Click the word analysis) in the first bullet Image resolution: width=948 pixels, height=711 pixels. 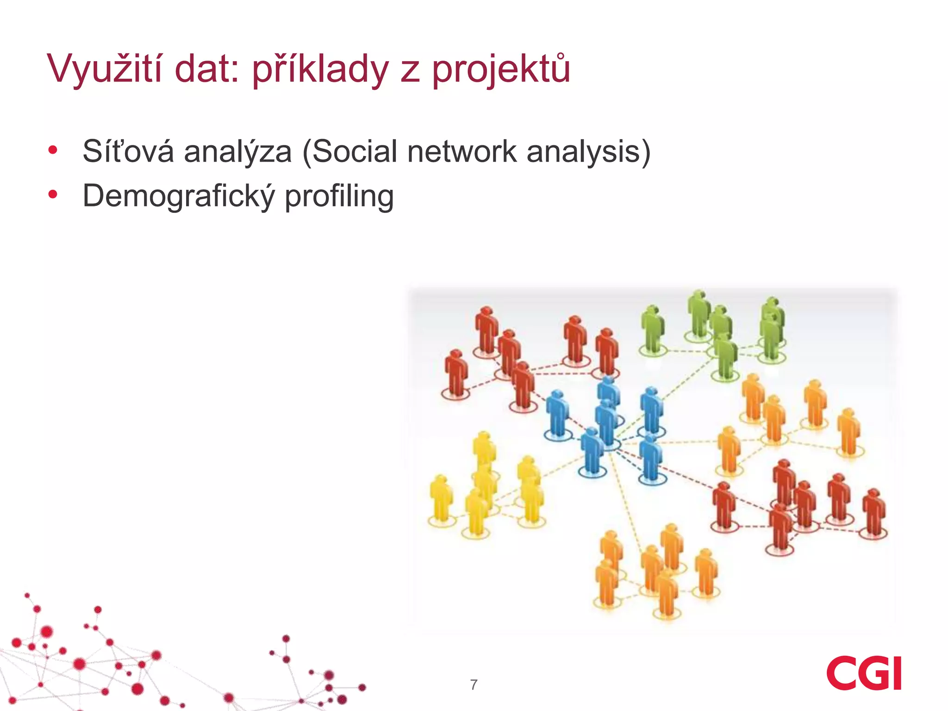pyautogui.click(x=588, y=152)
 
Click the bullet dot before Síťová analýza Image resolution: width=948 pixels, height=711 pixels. pyautogui.click(x=53, y=150)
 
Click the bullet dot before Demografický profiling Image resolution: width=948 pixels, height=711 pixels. pyautogui.click(x=53, y=194)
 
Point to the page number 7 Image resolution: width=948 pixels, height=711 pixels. pyautogui.click(x=474, y=685)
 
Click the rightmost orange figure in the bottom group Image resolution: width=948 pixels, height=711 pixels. pyautogui.click(x=706, y=572)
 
